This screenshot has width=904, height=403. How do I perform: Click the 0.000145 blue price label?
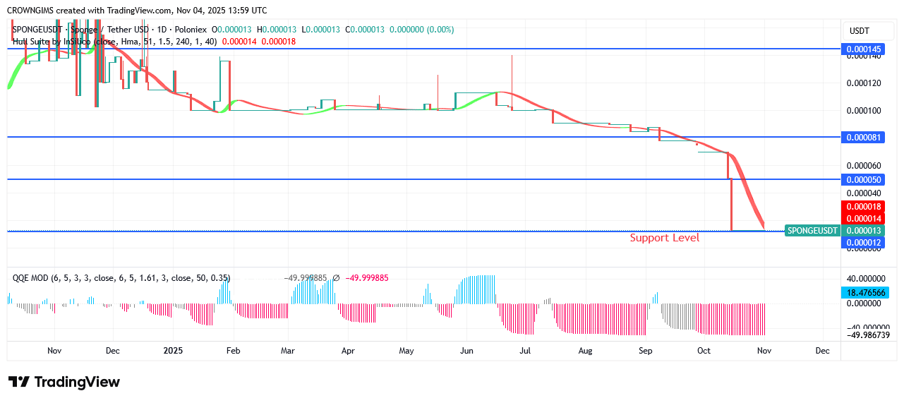tap(863, 49)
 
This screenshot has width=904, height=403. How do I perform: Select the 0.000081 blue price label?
tap(863, 137)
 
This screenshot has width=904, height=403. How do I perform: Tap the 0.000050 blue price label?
tap(863, 180)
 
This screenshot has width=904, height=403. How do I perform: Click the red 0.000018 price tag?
tap(863, 206)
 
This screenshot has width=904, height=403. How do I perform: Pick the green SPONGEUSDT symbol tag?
tap(812, 230)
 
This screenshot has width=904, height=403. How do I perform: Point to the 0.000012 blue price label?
tap(863, 243)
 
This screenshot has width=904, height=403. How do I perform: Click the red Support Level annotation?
tap(664, 238)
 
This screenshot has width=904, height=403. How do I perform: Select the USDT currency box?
tap(859, 31)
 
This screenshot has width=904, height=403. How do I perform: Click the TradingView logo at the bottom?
tap(64, 382)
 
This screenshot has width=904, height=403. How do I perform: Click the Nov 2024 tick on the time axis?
tap(54, 350)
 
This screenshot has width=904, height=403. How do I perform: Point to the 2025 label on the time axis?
tap(172, 350)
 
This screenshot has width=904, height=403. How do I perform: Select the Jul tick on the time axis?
tap(524, 350)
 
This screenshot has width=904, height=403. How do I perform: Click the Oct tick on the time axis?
tap(704, 350)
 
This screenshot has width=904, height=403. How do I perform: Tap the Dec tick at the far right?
tap(821, 350)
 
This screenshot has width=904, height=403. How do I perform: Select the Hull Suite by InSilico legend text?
tap(53, 42)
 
